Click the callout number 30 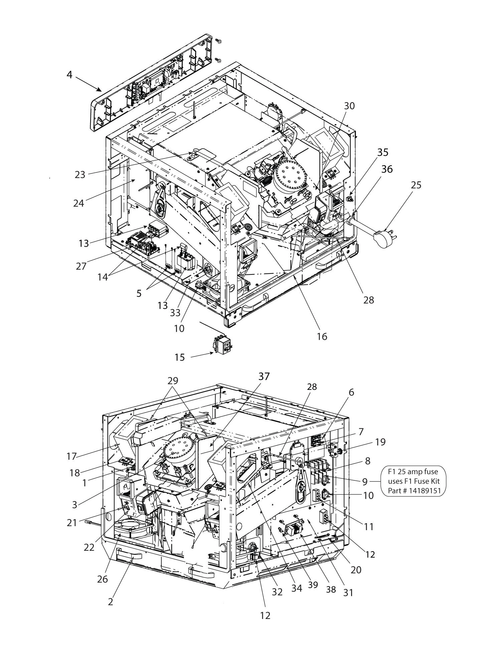tap(349, 106)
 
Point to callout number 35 tap(383, 152)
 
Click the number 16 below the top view tap(322, 336)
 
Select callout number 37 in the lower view tap(264, 376)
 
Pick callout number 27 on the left tap(81, 266)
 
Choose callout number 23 tap(80, 175)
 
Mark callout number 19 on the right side tap(380, 442)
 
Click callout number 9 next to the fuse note tap(365, 482)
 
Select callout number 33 tap(175, 312)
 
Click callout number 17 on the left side tap(71, 456)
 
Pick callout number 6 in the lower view tap(351, 393)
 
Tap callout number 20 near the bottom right tap(356, 569)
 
